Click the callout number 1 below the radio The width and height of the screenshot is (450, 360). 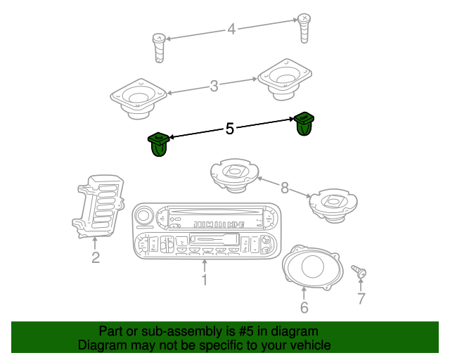[x=204, y=281]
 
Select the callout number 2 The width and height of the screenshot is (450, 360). [x=95, y=257]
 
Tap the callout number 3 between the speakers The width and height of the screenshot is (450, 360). [x=214, y=86]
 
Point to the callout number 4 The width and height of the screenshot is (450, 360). [x=231, y=30]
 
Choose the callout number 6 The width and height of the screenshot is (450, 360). [x=304, y=307]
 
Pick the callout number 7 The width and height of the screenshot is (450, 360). [x=361, y=299]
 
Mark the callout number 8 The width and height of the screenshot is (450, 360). [x=284, y=188]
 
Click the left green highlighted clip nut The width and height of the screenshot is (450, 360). [x=159, y=145]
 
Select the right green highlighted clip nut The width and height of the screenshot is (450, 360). [x=304, y=124]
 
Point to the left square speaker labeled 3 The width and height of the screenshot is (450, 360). [x=139, y=96]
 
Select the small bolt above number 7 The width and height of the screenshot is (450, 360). [x=359, y=271]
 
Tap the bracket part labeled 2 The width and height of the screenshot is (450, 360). [x=98, y=205]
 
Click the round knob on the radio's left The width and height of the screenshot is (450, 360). [x=144, y=215]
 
